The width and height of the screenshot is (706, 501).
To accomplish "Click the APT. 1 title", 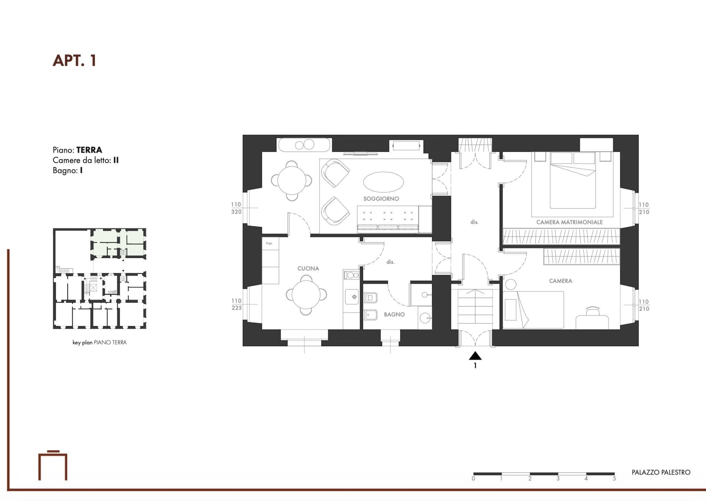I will click(74, 61).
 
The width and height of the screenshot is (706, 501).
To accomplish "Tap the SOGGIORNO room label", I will click(381, 199).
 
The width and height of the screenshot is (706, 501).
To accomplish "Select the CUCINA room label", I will click(308, 268).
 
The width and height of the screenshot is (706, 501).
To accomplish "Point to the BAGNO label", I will click(394, 315).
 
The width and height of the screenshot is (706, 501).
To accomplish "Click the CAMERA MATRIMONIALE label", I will click(569, 222).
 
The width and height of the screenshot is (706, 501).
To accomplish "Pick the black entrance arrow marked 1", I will click(475, 356).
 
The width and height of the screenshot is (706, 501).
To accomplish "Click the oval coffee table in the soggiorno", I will click(383, 182).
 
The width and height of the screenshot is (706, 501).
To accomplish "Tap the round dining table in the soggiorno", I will click(292, 181).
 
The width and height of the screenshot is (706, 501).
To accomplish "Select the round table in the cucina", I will click(306, 295).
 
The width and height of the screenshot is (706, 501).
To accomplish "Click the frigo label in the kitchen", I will click(269, 243).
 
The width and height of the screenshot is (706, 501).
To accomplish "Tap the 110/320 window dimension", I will click(236, 208).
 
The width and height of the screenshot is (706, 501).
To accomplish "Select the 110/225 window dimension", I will click(236, 304).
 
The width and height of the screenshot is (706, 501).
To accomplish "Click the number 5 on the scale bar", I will click(614, 479).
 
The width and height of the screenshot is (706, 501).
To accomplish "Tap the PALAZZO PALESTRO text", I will click(660, 472).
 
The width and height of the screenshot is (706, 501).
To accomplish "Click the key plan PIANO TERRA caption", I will click(99, 342).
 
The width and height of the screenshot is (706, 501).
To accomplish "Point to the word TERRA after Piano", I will click(89, 150).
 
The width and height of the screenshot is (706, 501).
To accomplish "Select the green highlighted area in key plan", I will click(134, 237).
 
